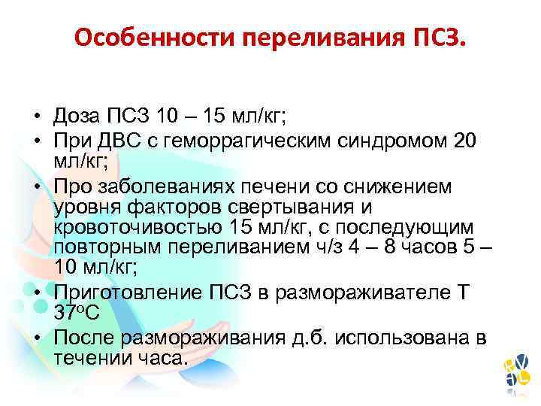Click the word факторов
[x=171, y=208]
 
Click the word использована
[x=405, y=337]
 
